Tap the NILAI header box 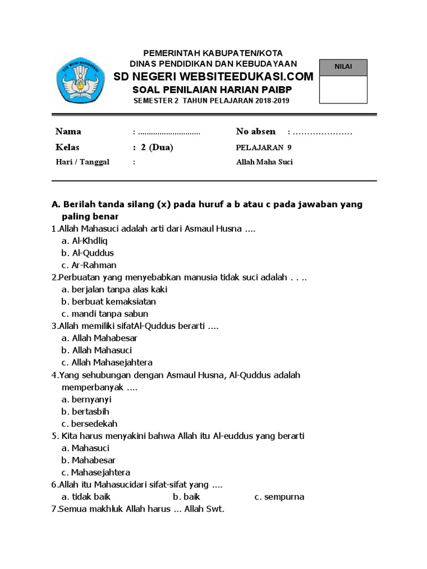[x=343, y=67]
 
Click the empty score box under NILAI [x=343, y=89]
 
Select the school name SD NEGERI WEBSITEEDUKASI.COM [x=213, y=76]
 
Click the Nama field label [x=68, y=132]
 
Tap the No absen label [x=255, y=132]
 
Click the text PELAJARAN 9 [x=264, y=148]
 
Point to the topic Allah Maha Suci [x=264, y=162]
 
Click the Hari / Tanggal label [x=82, y=162]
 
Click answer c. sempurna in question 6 [x=279, y=497]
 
